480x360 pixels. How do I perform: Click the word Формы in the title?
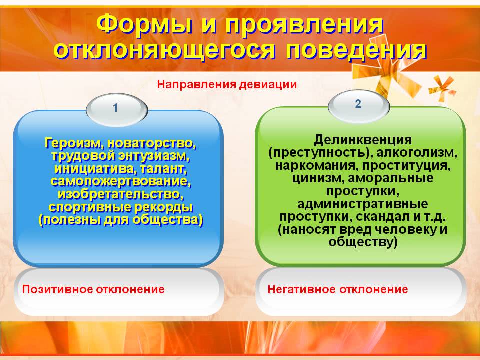144,25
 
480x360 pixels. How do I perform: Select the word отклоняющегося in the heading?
164,50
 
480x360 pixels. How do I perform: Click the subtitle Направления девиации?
227,84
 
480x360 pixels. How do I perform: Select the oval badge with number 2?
359,106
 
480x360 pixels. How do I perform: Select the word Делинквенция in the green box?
363,140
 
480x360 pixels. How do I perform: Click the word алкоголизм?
417,153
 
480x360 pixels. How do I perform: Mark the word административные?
363,204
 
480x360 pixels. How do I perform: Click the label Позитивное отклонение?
93,289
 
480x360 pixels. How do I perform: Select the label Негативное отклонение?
338,289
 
